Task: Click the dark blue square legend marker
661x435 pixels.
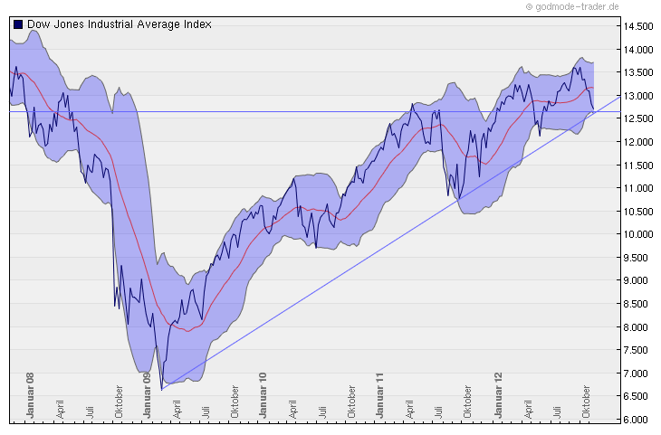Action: (x=18, y=24)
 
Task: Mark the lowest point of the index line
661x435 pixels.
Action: (x=161, y=390)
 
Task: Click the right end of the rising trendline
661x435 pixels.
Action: (x=619, y=94)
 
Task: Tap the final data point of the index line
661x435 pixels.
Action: (x=593, y=110)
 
